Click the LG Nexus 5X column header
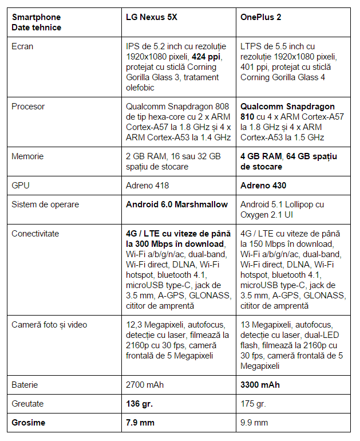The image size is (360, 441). point(151,17)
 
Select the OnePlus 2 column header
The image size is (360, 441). point(261,17)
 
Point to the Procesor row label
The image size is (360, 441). point(28,107)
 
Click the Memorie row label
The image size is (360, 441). point(27,156)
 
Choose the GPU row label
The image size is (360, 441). point(21,186)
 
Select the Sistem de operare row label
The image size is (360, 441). point(45,204)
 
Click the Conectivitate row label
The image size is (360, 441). point(35,234)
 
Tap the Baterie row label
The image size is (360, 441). point(25,385)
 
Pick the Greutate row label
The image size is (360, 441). point(27,404)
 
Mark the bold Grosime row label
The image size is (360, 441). point(28,423)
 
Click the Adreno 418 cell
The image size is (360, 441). point(147,186)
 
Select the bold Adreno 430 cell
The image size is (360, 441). point(263,186)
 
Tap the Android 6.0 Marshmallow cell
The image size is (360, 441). point(177,204)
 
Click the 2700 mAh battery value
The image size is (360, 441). point(145,385)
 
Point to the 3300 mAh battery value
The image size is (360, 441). point(260,385)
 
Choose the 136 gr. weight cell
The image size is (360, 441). point(139,404)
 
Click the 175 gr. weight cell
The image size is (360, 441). point(253,404)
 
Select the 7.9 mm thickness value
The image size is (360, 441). point(141,423)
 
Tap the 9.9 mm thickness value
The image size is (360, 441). point(254,423)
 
